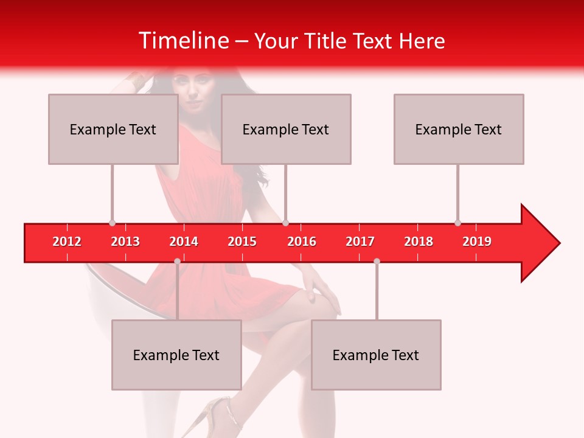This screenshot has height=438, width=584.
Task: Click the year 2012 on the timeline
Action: click(67, 242)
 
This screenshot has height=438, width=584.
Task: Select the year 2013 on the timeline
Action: click(125, 242)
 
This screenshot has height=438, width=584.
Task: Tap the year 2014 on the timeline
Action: click(184, 242)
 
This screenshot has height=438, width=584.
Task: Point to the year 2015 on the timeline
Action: click(242, 242)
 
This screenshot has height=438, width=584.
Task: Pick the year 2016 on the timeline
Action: click(302, 242)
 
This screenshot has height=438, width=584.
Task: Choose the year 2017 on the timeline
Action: click(360, 242)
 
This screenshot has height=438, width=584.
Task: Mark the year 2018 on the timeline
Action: click(419, 242)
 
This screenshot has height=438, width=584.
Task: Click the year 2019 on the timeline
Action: click(477, 242)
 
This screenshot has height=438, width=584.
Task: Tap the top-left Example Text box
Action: click(113, 129)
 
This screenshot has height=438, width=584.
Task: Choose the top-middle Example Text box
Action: click(286, 129)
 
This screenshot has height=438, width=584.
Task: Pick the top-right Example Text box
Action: click(459, 129)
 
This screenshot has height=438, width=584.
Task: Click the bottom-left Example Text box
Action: click(176, 355)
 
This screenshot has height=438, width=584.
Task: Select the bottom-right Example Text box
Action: click(376, 355)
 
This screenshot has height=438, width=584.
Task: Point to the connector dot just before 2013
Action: click(112, 223)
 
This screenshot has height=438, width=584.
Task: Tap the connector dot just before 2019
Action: click(457, 223)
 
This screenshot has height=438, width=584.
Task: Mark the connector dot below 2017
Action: click(377, 261)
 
